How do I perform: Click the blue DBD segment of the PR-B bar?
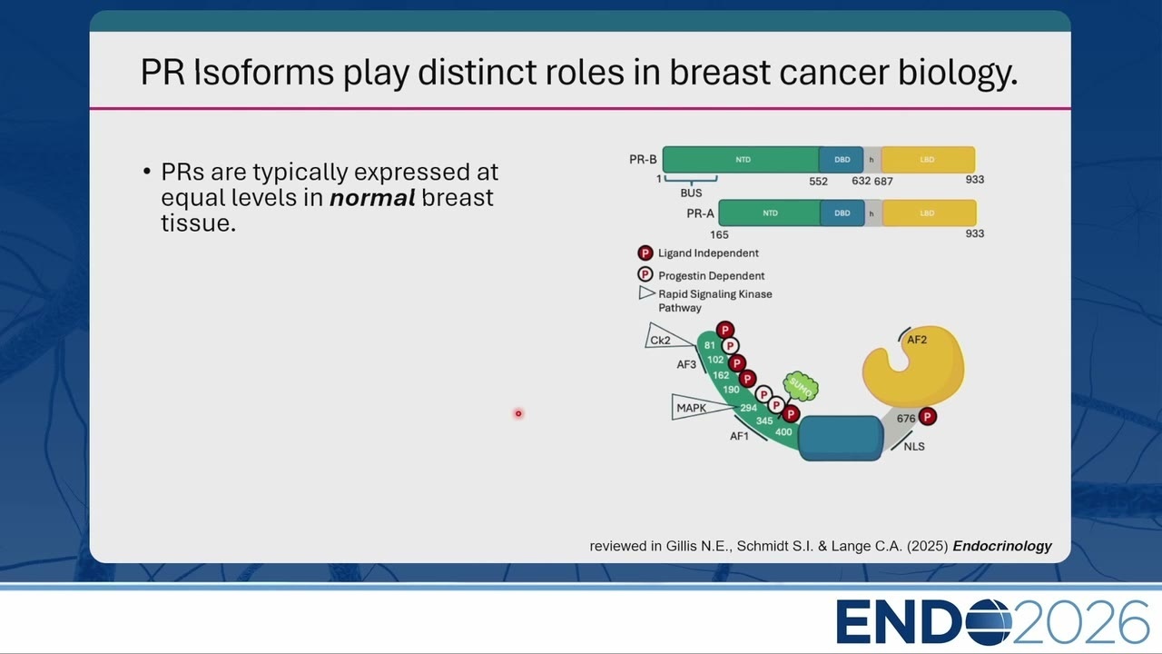coord(841,159)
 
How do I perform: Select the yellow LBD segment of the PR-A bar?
coord(929,213)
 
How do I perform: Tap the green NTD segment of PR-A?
coord(769,213)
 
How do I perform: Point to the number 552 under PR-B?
coord(818,181)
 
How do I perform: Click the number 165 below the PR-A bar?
coord(719,234)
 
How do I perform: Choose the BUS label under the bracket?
coord(691,193)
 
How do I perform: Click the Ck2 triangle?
coord(666,337)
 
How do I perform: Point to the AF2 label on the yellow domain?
coord(917,340)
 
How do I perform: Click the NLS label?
coord(913,446)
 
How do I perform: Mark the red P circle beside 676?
coord(928,416)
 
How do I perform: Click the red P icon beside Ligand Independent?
coord(645,253)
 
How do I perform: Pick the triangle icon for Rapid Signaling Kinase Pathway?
coord(646,292)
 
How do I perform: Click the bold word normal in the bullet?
coord(372,198)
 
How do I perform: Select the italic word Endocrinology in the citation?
coord(1002,546)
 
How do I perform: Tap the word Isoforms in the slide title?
coord(264,72)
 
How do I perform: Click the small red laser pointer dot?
coord(518,413)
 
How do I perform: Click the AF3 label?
coord(685,364)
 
